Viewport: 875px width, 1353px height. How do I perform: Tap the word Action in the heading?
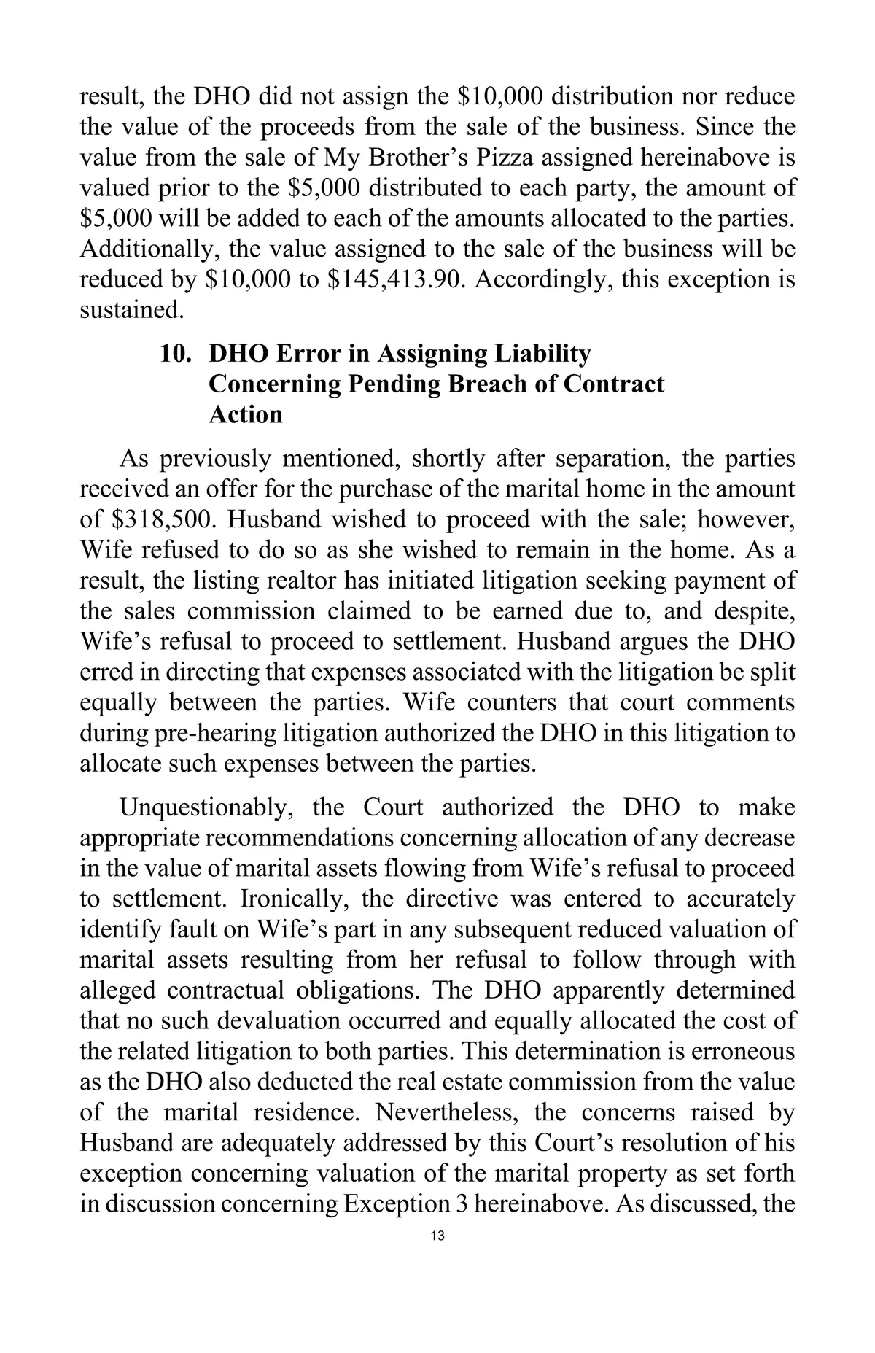pos(245,415)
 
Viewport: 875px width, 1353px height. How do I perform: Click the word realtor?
pos(297,581)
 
